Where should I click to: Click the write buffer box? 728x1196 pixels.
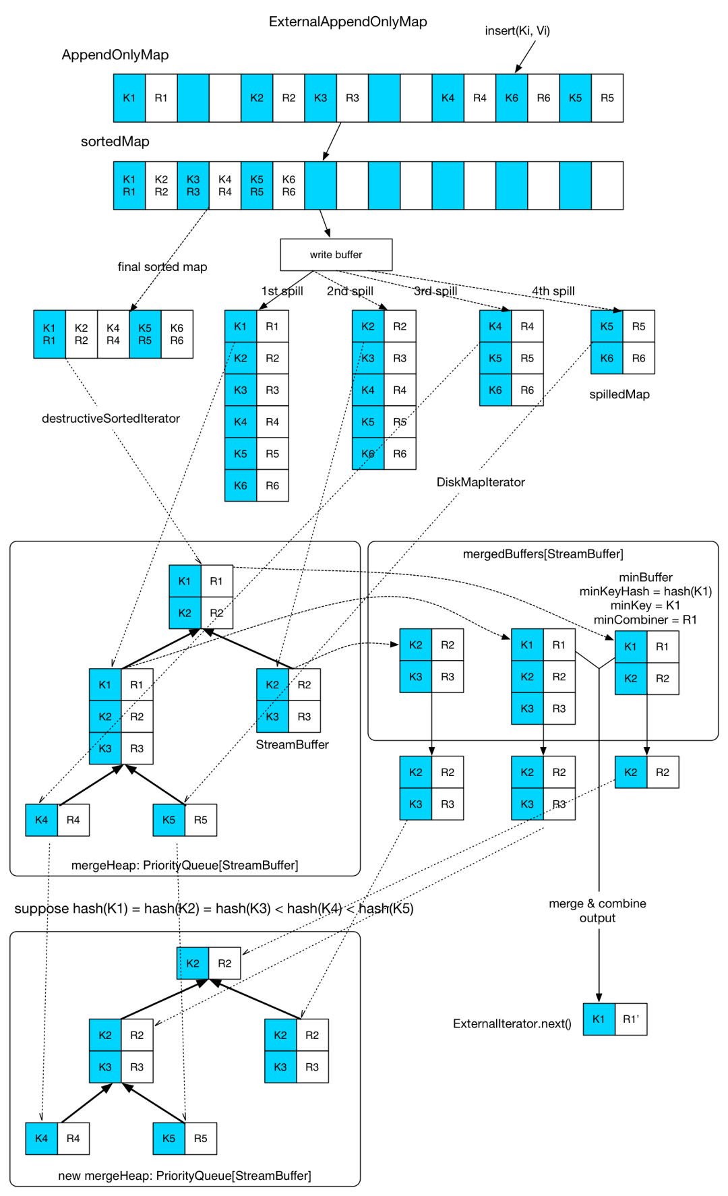click(x=336, y=255)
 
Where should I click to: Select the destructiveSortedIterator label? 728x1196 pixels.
click(x=111, y=418)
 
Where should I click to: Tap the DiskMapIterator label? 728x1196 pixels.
click(x=481, y=482)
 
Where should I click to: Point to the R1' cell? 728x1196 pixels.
click(x=631, y=1019)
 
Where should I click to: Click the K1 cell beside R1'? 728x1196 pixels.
click(x=599, y=1019)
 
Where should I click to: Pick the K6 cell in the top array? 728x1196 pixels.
click(x=512, y=98)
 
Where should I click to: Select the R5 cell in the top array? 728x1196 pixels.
click(x=607, y=98)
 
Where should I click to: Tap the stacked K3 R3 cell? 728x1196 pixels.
click(x=193, y=185)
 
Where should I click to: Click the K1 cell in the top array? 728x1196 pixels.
click(x=129, y=98)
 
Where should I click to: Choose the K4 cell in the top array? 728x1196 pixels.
click(x=448, y=98)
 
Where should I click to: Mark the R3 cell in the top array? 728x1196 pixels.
click(x=353, y=98)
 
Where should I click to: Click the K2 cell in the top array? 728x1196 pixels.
click(x=257, y=98)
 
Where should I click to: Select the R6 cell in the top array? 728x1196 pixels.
click(x=543, y=98)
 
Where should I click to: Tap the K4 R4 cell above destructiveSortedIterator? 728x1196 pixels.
click(x=113, y=334)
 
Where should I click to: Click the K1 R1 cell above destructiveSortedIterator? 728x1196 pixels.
click(x=49, y=334)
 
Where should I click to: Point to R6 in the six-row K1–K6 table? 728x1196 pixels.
click(x=272, y=485)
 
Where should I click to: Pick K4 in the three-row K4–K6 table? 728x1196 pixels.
click(x=495, y=326)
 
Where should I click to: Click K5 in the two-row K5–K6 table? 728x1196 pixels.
click(x=607, y=326)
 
